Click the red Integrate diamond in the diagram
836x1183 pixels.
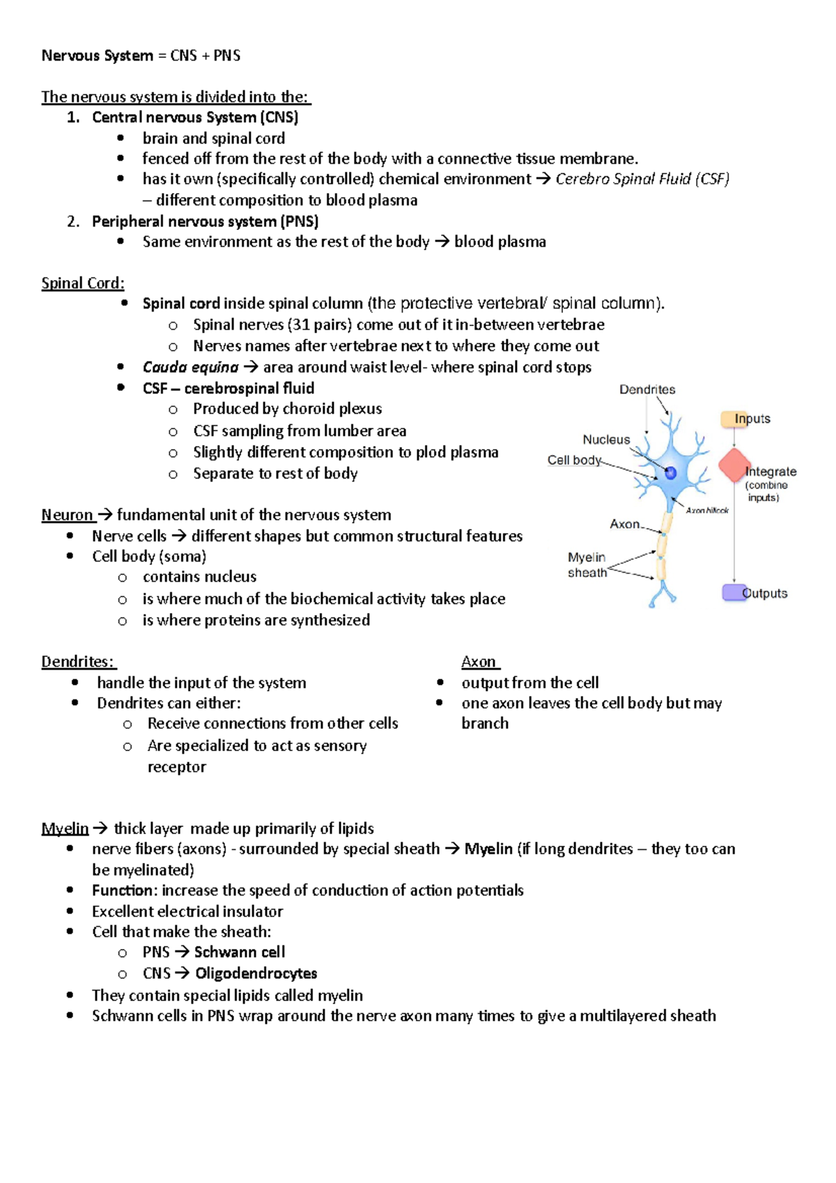click(734, 465)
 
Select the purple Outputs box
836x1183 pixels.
click(734, 592)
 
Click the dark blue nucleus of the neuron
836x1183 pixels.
click(670, 473)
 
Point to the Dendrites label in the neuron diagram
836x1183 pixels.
click(647, 389)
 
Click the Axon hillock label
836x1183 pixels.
click(707, 511)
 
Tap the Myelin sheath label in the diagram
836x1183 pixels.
click(587, 565)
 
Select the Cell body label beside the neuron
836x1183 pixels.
click(573, 460)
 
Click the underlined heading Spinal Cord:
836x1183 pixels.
click(83, 284)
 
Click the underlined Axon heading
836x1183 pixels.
click(479, 662)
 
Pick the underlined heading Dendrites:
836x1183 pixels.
click(78, 662)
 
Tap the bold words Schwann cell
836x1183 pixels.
click(240, 952)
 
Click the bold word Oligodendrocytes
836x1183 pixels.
click(256, 973)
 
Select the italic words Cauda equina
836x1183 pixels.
click(190, 367)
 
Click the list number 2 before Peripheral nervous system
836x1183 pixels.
click(72, 222)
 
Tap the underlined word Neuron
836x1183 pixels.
click(67, 515)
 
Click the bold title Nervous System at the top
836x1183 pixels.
click(97, 56)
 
